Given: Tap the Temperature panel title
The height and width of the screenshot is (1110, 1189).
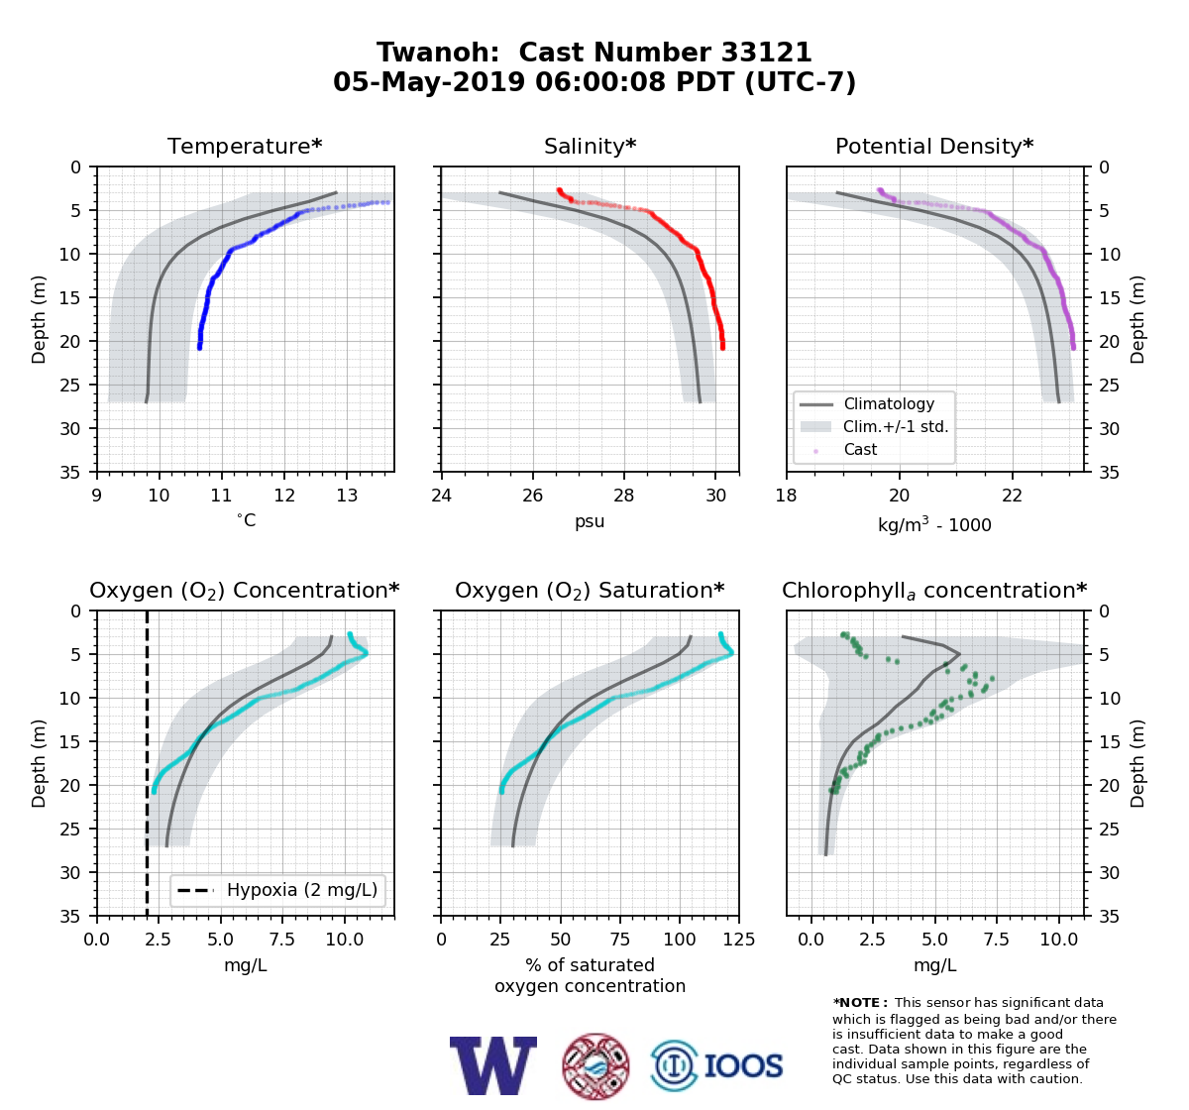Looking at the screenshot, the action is (x=245, y=146).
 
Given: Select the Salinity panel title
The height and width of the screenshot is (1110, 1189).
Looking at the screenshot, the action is (x=590, y=146).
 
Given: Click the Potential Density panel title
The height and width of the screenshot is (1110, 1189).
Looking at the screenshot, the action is (x=934, y=146).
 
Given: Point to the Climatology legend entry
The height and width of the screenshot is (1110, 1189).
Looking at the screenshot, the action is (x=889, y=403).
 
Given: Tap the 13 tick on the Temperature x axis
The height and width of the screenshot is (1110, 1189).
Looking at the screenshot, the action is (x=347, y=496).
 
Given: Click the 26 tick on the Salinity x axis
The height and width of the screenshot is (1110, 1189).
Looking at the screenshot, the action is (x=532, y=496).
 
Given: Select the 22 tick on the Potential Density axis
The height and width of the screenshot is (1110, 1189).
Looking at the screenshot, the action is (x=1012, y=496).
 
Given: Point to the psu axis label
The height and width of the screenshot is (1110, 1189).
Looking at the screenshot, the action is (x=590, y=521).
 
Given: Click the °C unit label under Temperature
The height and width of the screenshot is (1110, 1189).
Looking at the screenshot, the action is (x=246, y=520).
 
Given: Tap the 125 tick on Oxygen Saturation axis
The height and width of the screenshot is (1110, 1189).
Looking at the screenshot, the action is (x=738, y=940).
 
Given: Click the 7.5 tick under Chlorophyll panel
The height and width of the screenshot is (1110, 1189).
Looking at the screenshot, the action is (x=996, y=940).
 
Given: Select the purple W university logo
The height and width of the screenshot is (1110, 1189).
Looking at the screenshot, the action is (x=493, y=1065).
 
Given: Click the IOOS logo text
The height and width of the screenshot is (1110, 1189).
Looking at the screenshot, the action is (x=743, y=1065).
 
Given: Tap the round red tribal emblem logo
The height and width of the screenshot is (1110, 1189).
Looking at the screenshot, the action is (x=595, y=1066).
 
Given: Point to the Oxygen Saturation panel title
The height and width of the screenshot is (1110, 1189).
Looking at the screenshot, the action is (x=590, y=591).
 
